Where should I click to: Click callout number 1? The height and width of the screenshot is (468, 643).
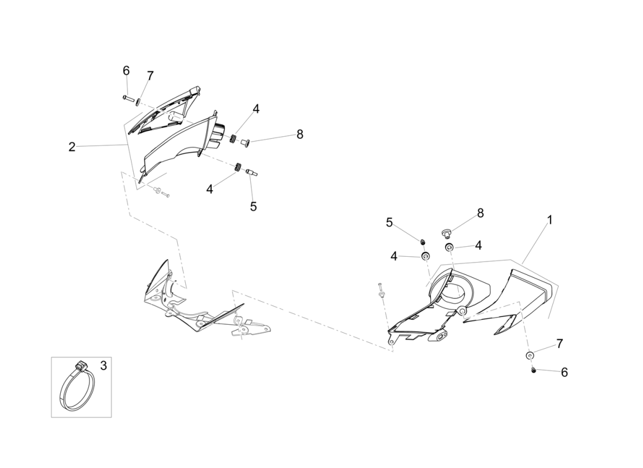click(x=550, y=221)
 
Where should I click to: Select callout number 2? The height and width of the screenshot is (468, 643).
click(x=72, y=147)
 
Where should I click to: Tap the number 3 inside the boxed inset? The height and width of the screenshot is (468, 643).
click(x=103, y=365)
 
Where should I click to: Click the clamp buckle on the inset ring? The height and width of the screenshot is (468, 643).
click(x=81, y=364)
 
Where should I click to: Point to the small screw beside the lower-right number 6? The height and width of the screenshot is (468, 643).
click(x=534, y=370)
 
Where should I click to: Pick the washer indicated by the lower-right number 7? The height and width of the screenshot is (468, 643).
click(x=530, y=355)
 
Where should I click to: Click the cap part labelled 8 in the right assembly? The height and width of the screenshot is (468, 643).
click(x=445, y=233)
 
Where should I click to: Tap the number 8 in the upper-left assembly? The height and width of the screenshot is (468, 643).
click(x=300, y=134)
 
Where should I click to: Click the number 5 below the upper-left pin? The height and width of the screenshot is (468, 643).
click(x=254, y=207)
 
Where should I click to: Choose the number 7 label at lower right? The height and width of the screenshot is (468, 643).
click(x=560, y=343)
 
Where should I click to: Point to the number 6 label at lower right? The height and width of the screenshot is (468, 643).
click(x=564, y=372)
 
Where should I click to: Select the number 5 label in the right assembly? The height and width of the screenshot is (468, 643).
click(x=389, y=222)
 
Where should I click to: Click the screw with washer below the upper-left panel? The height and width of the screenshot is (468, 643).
click(x=160, y=192)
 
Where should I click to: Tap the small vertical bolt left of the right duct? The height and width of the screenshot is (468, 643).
click(x=381, y=291)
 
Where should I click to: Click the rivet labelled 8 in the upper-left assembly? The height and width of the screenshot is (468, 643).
click(x=246, y=142)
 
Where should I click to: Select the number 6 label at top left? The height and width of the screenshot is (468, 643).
click(x=126, y=71)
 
